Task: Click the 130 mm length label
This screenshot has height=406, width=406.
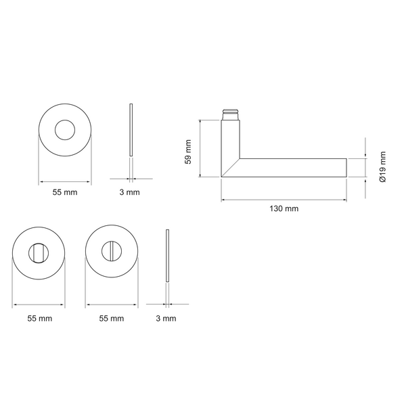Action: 284,208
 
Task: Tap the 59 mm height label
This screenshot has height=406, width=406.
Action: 188,152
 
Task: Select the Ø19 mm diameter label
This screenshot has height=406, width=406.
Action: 382,167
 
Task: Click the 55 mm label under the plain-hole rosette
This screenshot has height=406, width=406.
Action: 65,192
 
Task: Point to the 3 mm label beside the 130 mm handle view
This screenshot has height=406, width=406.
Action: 129,192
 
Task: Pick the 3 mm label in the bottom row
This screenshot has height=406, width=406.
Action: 166,318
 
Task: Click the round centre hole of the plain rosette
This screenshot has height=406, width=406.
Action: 65,130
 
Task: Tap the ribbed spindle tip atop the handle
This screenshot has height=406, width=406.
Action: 231,114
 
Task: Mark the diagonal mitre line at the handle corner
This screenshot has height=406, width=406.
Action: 231,168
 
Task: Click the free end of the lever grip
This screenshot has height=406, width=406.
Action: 346,168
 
